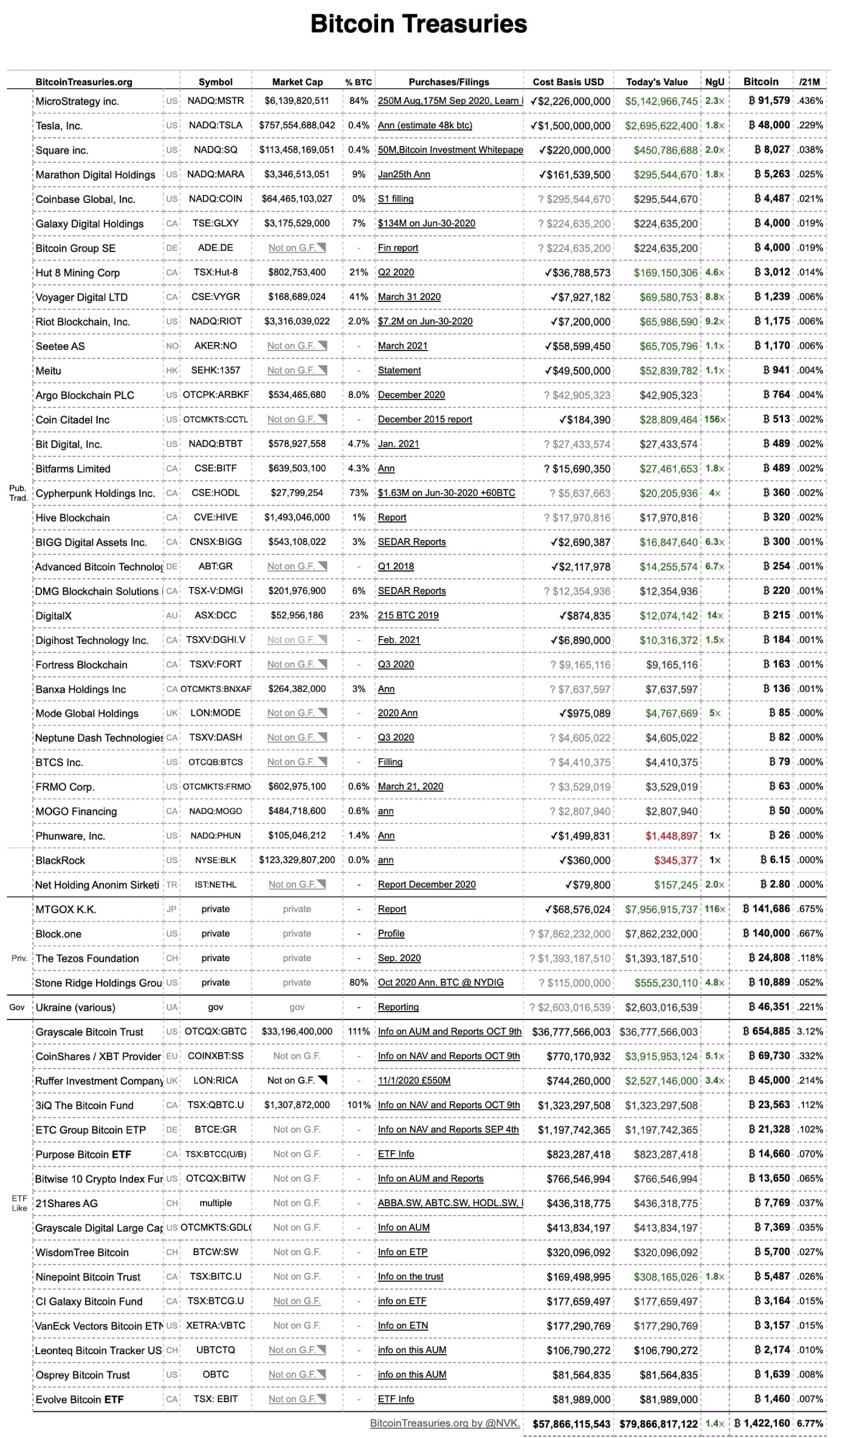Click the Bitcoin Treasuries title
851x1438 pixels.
[419, 24]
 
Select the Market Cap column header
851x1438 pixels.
[297, 82]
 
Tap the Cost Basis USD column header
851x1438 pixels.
[568, 82]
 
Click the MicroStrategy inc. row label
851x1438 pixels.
[77, 101]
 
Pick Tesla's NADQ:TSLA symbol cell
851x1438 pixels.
[216, 125]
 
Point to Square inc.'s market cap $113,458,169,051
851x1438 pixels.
[297, 150]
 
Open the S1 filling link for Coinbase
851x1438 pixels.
[396, 199]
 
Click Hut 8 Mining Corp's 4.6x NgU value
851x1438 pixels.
[715, 273]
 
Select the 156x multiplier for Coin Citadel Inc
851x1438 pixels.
[715, 420]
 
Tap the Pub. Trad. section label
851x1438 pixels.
[18, 493]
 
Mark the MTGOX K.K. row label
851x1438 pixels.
[66, 909]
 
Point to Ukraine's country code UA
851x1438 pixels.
[172, 1007]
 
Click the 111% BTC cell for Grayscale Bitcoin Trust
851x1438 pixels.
[359, 1032]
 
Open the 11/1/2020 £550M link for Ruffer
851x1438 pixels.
[414, 1081]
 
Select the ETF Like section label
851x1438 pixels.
[19, 1203]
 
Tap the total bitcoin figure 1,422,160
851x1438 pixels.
[762, 1423]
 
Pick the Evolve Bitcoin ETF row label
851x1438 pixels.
[80, 1399]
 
